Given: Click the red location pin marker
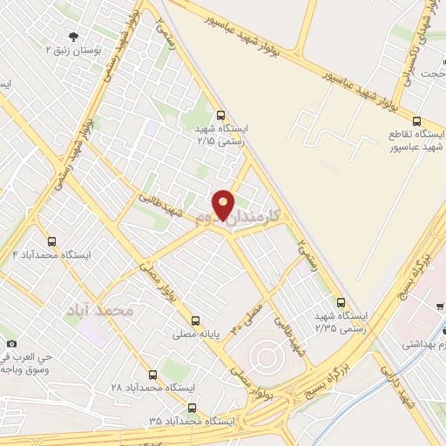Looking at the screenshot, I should [224, 205].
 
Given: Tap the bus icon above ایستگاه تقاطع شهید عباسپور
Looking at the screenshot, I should [416, 121].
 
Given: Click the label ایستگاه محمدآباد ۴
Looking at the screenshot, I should [50, 254].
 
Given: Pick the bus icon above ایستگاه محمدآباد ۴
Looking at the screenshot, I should [51, 241].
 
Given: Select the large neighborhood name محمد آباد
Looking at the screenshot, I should [100, 310].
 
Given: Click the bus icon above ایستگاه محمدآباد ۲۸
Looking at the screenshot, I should [153, 373].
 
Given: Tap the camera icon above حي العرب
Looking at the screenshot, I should [11, 343].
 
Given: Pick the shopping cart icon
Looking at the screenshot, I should [441, 306].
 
